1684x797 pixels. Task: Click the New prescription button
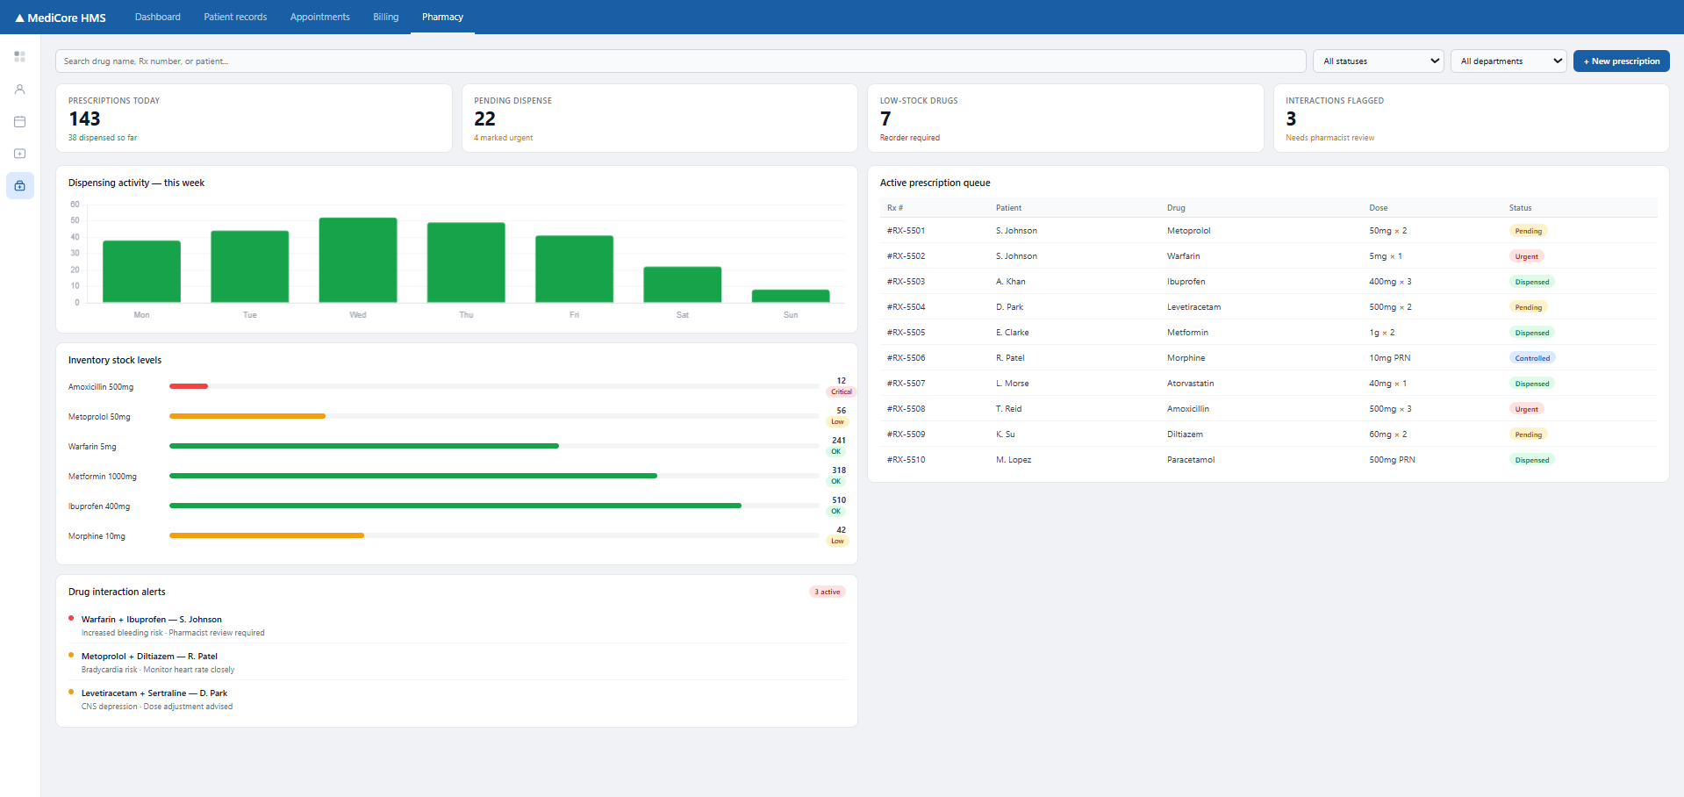[1621, 61]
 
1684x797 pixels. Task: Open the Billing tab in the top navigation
[385, 17]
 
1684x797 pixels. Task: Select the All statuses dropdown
[1378, 61]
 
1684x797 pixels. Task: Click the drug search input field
[680, 61]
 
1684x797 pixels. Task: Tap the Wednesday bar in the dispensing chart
[358, 260]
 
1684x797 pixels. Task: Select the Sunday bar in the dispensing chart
[791, 296]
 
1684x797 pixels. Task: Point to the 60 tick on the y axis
[75, 205]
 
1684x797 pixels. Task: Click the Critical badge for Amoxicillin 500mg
[841, 392]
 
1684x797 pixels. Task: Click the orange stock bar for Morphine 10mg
[267, 535]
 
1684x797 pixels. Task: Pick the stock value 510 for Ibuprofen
[839, 500]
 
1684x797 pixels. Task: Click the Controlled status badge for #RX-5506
[1532, 358]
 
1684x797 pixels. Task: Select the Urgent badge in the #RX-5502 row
[1526, 256]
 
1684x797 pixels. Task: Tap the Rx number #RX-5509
[906, 434]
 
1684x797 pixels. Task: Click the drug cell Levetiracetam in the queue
[1193, 307]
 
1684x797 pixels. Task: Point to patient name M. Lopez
[1014, 460]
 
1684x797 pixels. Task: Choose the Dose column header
[1378, 208]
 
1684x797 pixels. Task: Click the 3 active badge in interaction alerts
[827, 592]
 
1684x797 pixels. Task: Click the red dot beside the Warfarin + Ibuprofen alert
[71, 618]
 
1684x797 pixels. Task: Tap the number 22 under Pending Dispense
[484, 119]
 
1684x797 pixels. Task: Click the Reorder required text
[909, 138]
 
